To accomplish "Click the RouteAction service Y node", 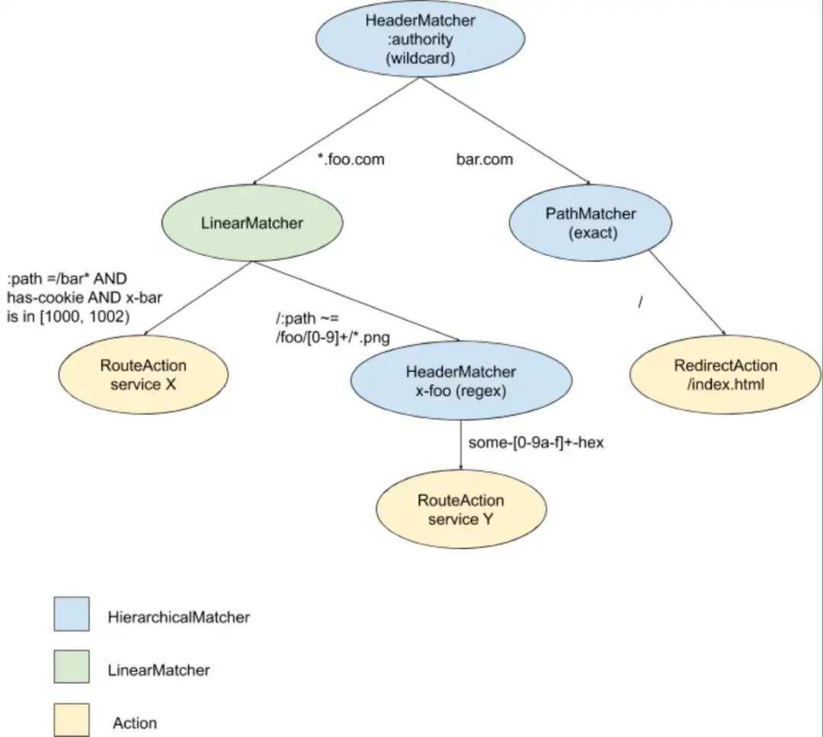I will pos(460,509).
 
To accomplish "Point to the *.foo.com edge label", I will pos(351,160).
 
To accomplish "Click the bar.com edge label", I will pos(484,160).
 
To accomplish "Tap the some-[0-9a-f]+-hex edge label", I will pos(536,442).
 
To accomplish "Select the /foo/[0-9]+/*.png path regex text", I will pos(333,339).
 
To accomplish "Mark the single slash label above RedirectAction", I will pos(641,303).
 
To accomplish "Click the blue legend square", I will pos(72,614).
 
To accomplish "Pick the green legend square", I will pos(72,668).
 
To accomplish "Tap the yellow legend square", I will pos(72,720).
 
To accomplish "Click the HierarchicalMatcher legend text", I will pos(178,617).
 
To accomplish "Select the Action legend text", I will pos(135,723).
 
